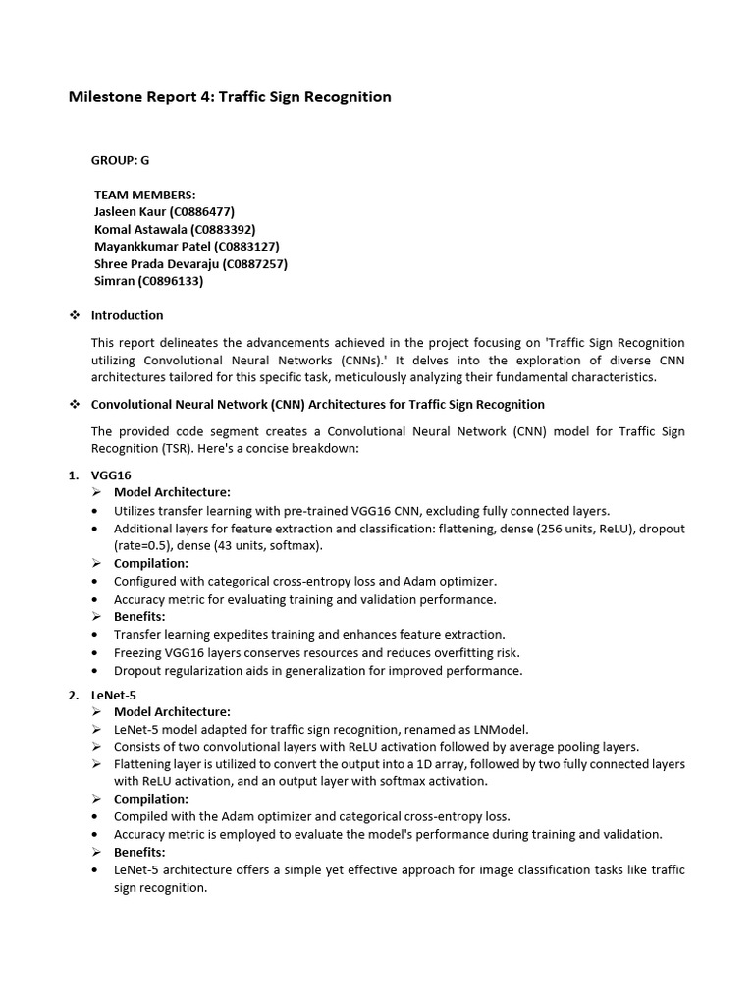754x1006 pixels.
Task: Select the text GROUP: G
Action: point(121,160)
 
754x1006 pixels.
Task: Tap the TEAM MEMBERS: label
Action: point(144,195)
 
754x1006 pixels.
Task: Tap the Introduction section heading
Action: point(127,315)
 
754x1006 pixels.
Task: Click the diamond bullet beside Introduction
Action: point(74,315)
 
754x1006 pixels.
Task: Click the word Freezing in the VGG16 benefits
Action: point(140,652)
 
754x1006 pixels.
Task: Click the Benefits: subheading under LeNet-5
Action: point(140,852)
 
